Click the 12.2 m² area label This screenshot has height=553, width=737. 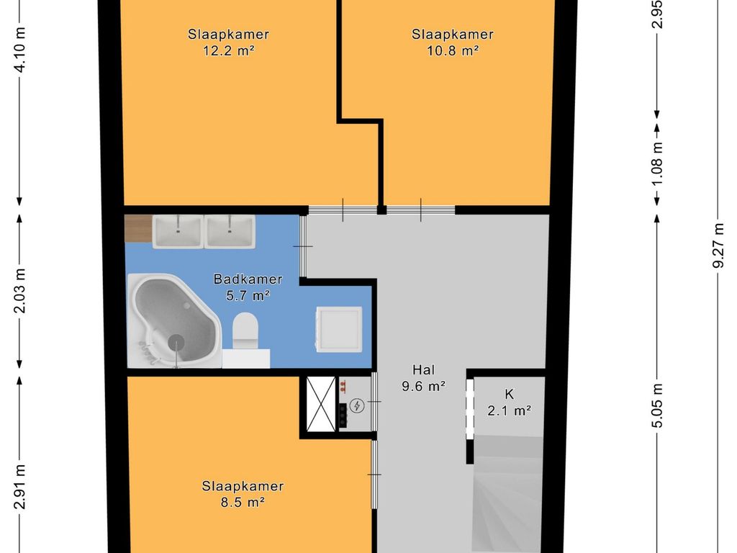pyautogui.click(x=228, y=50)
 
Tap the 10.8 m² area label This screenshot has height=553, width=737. pyautogui.click(x=453, y=50)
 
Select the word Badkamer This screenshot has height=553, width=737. pyautogui.click(x=248, y=279)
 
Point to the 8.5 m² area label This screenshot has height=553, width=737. pyautogui.click(x=243, y=502)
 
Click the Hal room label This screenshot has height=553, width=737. pyautogui.click(x=423, y=369)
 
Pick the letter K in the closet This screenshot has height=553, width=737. pyautogui.click(x=509, y=394)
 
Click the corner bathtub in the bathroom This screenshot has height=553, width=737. pyautogui.click(x=174, y=320)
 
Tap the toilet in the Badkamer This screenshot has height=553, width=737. pyautogui.click(x=245, y=331)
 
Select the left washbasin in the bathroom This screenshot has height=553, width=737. pyautogui.click(x=178, y=231)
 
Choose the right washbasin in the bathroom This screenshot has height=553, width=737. pyautogui.click(x=230, y=231)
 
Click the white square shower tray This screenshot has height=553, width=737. pyautogui.click(x=339, y=329)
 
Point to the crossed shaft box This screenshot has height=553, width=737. pyautogui.click(x=320, y=404)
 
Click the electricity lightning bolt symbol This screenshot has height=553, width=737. pyautogui.click(x=357, y=405)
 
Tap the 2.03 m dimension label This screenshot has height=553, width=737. pyautogui.click(x=19, y=291)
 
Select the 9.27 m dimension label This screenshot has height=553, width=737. pyautogui.click(x=718, y=245)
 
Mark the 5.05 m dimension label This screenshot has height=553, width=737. pyautogui.click(x=658, y=405)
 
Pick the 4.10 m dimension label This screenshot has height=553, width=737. pyautogui.click(x=19, y=50)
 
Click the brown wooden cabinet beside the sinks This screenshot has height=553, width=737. pyautogui.click(x=138, y=228)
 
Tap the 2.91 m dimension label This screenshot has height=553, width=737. pyautogui.click(x=19, y=487)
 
